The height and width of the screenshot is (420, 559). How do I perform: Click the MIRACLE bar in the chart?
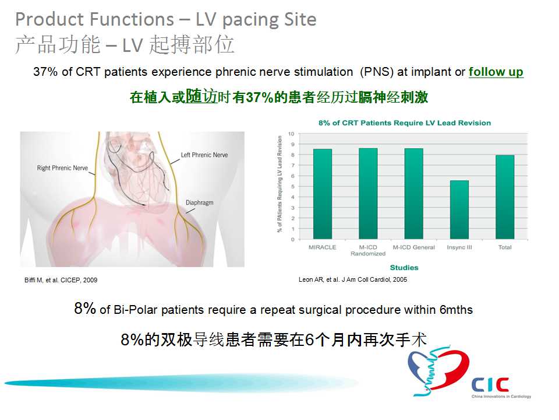coord(322,194)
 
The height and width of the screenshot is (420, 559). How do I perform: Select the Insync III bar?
coord(459,209)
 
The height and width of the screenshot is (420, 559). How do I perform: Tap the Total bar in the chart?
coord(505,197)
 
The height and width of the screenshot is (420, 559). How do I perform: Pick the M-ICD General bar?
coord(413,194)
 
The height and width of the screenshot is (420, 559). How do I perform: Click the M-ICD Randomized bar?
coord(368,194)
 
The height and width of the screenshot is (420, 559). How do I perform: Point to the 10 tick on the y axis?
coord(291,134)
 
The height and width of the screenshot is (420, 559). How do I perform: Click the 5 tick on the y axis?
coord(293,187)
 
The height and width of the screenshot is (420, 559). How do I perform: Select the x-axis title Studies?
coord(404,268)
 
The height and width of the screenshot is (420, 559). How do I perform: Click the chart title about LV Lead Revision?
coord(405,123)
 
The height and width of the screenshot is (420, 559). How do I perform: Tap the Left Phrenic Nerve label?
coord(204,155)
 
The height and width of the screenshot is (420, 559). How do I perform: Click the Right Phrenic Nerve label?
coord(62,168)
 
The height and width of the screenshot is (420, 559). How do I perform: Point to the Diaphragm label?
coord(200,202)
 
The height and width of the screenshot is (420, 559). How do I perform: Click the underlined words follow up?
coord(496,72)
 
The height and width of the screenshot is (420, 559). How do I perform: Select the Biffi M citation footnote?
coord(61,280)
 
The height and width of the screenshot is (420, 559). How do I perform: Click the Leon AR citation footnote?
coord(353,279)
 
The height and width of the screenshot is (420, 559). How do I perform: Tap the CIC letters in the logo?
coord(490,385)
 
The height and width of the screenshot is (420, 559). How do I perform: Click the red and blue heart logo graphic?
coord(439,371)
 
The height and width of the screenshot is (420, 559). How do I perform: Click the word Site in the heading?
coord(300,19)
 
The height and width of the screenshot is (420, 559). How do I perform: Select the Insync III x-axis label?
coord(459,247)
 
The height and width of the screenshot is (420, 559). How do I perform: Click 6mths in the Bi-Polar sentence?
coord(457,310)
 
